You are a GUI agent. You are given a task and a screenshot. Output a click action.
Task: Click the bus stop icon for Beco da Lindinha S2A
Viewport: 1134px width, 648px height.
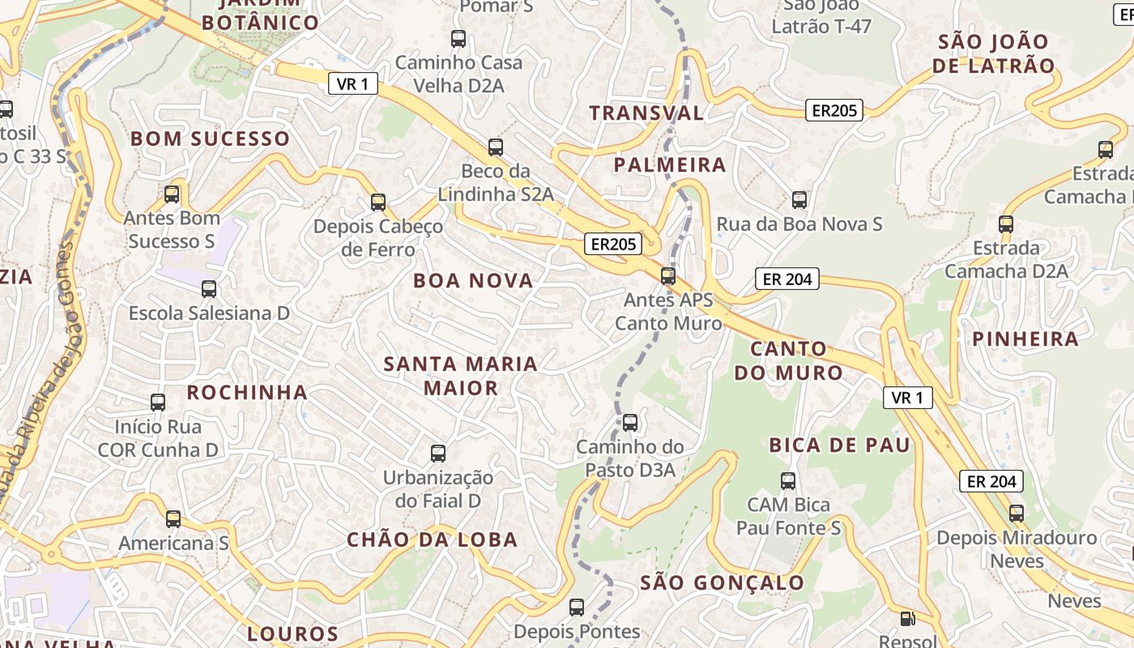pyautogui.click(x=496, y=147)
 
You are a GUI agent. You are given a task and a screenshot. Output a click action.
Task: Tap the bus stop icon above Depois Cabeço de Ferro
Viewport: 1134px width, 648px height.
pyautogui.click(x=378, y=202)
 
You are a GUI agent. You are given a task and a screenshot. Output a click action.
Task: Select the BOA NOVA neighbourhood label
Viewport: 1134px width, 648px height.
pyautogui.click(x=473, y=281)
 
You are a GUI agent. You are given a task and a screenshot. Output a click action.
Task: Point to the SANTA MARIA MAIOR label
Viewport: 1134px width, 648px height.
pyautogui.click(x=461, y=376)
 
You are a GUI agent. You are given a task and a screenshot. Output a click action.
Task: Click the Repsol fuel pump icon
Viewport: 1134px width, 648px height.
pyautogui.click(x=908, y=619)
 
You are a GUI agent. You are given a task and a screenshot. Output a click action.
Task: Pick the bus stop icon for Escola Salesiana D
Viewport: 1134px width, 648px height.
pyautogui.click(x=209, y=289)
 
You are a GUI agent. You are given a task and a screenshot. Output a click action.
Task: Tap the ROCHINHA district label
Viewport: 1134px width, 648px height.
pyautogui.click(x=247, y=393)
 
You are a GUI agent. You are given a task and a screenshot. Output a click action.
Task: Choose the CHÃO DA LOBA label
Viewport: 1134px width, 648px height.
pyautogui.click(x=432, y=539)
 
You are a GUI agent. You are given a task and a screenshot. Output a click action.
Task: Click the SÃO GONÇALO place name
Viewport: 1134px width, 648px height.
pyautogui.click(x=722, y=583)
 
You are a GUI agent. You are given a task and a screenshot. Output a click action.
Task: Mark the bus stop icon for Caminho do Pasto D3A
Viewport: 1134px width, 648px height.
pyautogui.click(x=630, y=423)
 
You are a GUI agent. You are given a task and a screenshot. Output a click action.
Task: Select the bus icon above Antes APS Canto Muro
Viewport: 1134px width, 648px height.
pyautogui.click(x=668, y=276)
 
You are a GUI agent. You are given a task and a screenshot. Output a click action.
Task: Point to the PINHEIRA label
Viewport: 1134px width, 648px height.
pyautogui.click(x=1025, y=339)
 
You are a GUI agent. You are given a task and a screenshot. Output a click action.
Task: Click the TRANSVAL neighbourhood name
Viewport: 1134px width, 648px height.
pyautogui.click(x=646, y=113)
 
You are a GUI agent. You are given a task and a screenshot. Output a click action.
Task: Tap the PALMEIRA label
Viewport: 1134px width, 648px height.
pyautogui.click(x=669, y=165)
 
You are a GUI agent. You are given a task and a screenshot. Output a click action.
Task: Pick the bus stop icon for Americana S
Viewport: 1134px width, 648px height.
pyautogui.click(x=173, y=519)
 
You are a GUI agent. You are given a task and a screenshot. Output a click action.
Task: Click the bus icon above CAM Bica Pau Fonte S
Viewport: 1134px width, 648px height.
pyautogui.click(x=788, y=481)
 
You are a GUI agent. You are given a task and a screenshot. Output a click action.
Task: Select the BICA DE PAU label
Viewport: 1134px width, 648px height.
pyautogui.click(x=839, y=445)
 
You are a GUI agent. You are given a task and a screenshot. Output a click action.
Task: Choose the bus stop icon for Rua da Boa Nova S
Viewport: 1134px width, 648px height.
pyautogui.click(x=799, y=200)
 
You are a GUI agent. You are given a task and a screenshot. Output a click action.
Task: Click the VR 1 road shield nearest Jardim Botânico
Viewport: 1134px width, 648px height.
pyautogui.click(x=352, y=83)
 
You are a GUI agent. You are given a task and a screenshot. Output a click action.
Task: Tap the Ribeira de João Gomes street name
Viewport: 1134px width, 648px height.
pyautogui.click(x=40, y=389)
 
